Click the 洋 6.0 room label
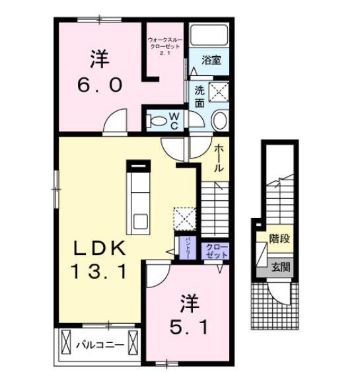100,71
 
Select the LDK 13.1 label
99,259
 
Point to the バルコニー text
100,344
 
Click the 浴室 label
211,60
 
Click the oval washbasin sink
221,120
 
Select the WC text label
174,120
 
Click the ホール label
220,159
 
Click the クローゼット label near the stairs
215,250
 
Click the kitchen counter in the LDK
140,195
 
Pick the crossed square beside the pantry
182,217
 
